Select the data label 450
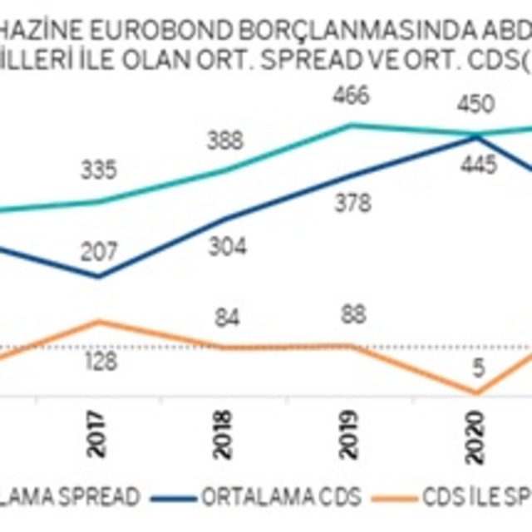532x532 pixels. pos(476,105)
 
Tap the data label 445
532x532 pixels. pos(480,165)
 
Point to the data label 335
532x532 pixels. pos(99,170)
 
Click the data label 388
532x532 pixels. pos(225,140)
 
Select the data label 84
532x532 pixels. pos(225,318)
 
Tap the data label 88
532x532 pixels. pos(352,317)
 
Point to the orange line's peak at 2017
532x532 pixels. pos(99,321)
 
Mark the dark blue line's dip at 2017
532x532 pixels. pos(99,276)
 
